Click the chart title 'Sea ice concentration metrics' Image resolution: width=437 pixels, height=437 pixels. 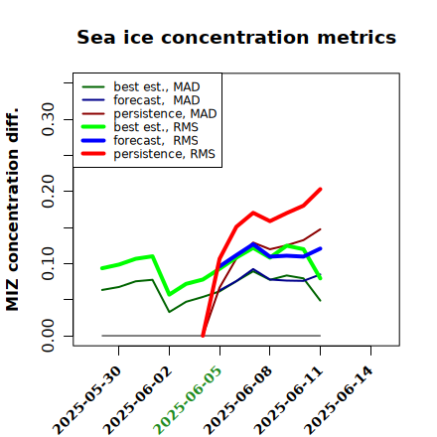[236, 37]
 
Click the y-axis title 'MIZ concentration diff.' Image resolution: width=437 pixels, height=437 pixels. [12, 210]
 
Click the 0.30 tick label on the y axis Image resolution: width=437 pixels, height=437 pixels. [48, 119]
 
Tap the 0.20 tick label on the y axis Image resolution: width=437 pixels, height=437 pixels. [48, 191]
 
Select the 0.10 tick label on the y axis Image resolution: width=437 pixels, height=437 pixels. [48, 263]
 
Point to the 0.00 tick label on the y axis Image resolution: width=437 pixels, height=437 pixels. [48, 336]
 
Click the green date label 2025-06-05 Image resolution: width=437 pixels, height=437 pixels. [188, 400]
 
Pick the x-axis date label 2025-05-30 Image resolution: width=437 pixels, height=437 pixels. [87, 400]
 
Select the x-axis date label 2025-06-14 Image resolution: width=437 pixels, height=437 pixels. [339, 400]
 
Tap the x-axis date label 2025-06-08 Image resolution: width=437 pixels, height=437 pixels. [238, 400]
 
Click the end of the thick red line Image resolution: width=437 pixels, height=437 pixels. [321, 189]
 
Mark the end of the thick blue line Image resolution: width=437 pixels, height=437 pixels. [321, 248]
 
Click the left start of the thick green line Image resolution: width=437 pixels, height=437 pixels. [102, 268]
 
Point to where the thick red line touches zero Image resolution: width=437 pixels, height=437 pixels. [203, 336]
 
